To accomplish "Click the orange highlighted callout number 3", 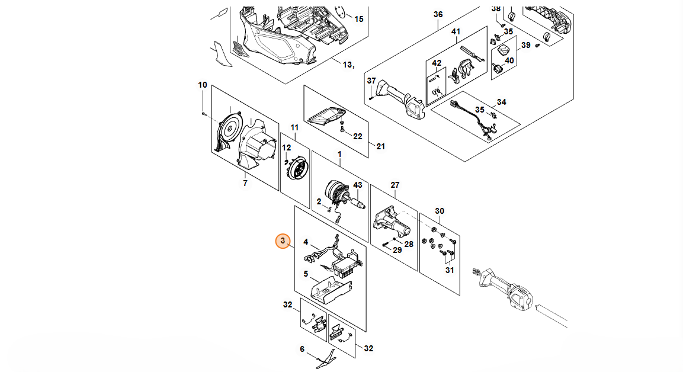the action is [283, 241].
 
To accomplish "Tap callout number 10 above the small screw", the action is [203, 85].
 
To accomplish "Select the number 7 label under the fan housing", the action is [245, 184].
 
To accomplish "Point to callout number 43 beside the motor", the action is [358, 185].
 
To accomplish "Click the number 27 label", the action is [395, 185].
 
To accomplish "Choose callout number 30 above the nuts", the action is [440, 211].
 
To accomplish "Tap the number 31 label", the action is [450, 271].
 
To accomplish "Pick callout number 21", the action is [381, 147].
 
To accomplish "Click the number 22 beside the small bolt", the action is [358, 137].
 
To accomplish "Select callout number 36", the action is [438, 14].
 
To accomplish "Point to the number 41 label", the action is [456, 32].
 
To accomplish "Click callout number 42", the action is [437, 63].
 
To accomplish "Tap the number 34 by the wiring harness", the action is [501, 102].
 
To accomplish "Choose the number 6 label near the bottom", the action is [302, 349].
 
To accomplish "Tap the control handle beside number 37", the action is [401, 100].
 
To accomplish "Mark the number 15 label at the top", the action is [359, 19].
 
